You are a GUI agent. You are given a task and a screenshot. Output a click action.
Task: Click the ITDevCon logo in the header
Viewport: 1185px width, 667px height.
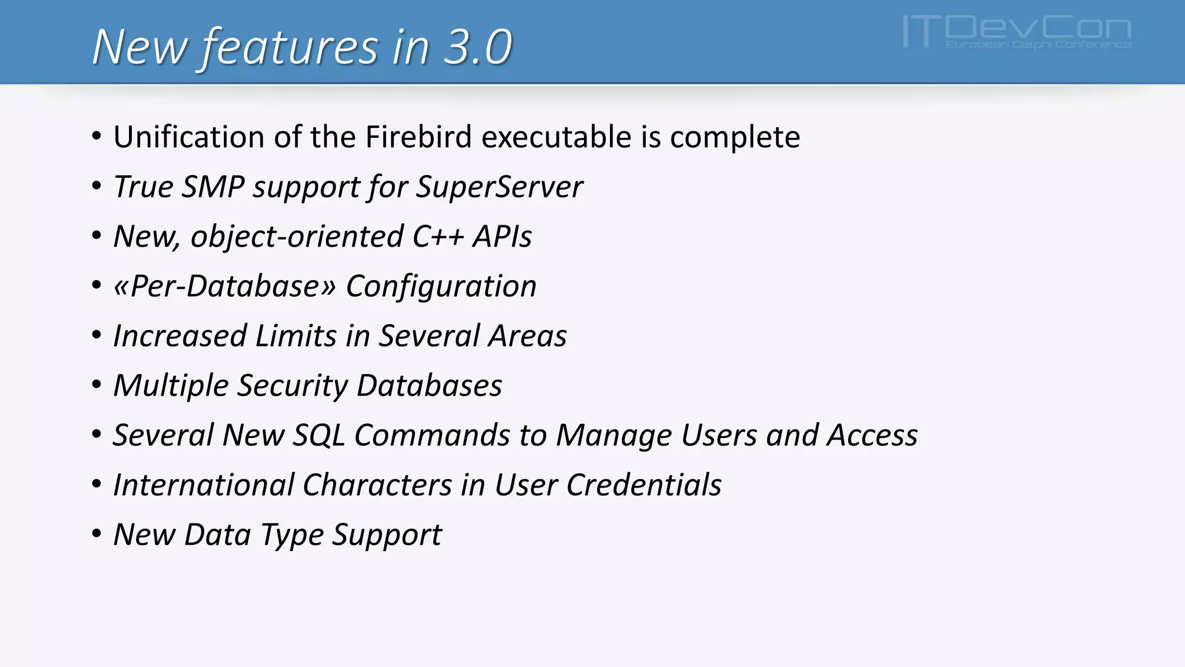[x=1017, y=32]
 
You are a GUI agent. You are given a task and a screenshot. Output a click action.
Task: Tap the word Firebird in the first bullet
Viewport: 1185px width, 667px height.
[x=418, y=137]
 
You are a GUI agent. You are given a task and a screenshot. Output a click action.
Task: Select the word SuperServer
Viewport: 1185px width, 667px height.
[x=499, y=187]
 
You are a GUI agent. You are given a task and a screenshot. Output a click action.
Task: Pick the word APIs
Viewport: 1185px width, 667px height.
[x=502, y=237]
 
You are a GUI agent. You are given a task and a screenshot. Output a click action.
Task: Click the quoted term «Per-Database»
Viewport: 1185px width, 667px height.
[x=225, y=286]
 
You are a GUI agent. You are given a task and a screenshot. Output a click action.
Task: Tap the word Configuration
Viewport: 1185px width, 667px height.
[x=441, y=286]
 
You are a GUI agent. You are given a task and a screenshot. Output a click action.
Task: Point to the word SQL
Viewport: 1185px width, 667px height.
[x=319, y=435]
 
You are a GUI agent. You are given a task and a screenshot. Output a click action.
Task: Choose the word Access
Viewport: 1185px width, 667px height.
[x=872, y=435]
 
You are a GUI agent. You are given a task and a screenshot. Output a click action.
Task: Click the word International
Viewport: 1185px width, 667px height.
[x=204, y=485]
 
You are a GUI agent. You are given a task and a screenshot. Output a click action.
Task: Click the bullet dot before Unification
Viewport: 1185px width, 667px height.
[x=97, y=137]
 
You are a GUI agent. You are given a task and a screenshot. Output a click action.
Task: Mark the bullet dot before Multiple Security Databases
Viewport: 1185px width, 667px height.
[x=97, y=386]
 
